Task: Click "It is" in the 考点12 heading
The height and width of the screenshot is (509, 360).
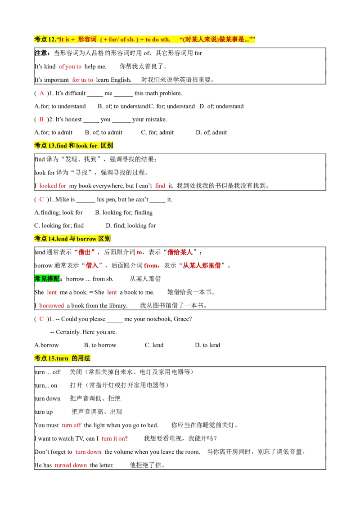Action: (x=64, y=40)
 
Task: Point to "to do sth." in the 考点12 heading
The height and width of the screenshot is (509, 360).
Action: (x=157, y=40)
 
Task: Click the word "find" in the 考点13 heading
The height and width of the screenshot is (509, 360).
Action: (x=62, y=146)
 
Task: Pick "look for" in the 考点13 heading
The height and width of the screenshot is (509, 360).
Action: (x=86, y=146)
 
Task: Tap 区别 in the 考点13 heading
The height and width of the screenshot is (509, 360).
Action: (x=107, y=146)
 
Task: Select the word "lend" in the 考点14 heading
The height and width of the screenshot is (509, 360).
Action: (x=62, y=239)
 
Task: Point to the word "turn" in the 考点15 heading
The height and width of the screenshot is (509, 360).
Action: (x=63, y=358)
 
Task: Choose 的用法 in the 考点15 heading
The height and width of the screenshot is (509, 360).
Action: (x=81, y=358)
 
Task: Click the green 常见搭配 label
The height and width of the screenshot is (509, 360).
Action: (x=47, y=279)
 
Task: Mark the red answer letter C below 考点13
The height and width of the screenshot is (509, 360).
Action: (x=42, y=199)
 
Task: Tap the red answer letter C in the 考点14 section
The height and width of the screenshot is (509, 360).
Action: (x=42, y=319)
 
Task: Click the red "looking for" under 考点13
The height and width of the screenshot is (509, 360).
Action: (x=53, y=185)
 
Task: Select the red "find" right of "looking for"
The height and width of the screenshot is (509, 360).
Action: (x=160, y=185)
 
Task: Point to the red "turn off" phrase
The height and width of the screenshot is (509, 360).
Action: (x=72, y=425)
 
